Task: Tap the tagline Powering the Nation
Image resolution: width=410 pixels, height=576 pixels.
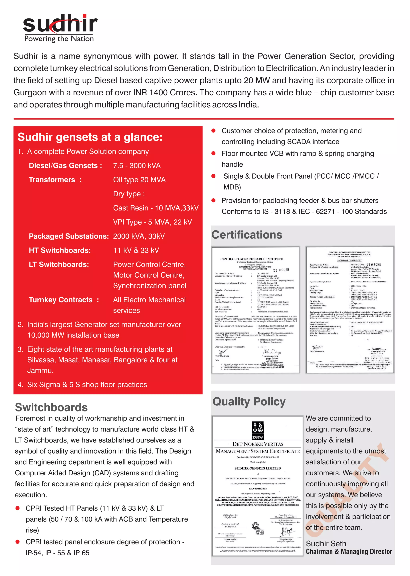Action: click(x=59, y=39)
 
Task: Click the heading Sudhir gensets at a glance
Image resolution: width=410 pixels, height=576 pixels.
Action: click(x=90, y=137)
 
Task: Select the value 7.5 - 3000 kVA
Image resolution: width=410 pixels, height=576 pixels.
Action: click(x=137, y=166)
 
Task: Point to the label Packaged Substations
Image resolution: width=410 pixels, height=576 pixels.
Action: click(x=69, y=236)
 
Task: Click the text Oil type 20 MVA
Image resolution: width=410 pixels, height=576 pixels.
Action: click(x=139, y=180)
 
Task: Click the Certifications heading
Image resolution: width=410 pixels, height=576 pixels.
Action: click(x=246, y=235)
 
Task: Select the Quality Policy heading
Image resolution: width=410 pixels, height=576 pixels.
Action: click(x=249, y=402)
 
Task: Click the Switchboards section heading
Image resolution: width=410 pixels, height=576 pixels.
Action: click(x=51, y=407)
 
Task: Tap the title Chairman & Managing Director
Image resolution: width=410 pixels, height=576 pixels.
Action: click(x=349, y=552)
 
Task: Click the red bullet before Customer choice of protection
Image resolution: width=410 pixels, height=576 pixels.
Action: click(x=213, y=131)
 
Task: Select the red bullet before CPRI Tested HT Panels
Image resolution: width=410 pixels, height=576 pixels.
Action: click(x=18, y=508)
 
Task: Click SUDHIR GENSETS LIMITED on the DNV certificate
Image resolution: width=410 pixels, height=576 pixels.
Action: click(x=257, y=468)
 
